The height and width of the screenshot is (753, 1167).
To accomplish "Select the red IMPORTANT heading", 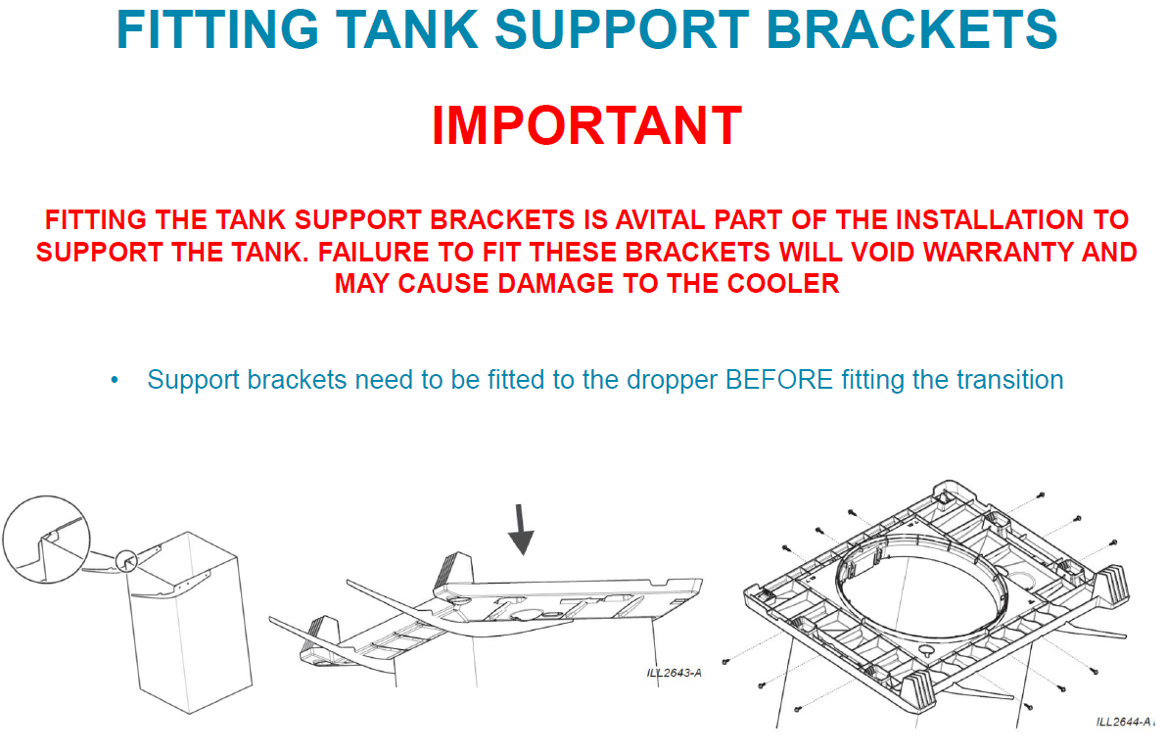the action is pos(585,125).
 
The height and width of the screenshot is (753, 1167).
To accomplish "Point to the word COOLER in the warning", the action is pos(781,284).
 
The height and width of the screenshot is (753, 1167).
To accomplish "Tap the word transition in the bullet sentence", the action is pos(1009,380).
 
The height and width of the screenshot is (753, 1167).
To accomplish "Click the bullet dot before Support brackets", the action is pos(116,380).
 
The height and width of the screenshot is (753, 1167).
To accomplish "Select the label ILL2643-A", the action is pos(674,673).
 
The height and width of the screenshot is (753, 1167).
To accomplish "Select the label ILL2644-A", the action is pos(1124,722).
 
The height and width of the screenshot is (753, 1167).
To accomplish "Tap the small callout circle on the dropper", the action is pos(126,561).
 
